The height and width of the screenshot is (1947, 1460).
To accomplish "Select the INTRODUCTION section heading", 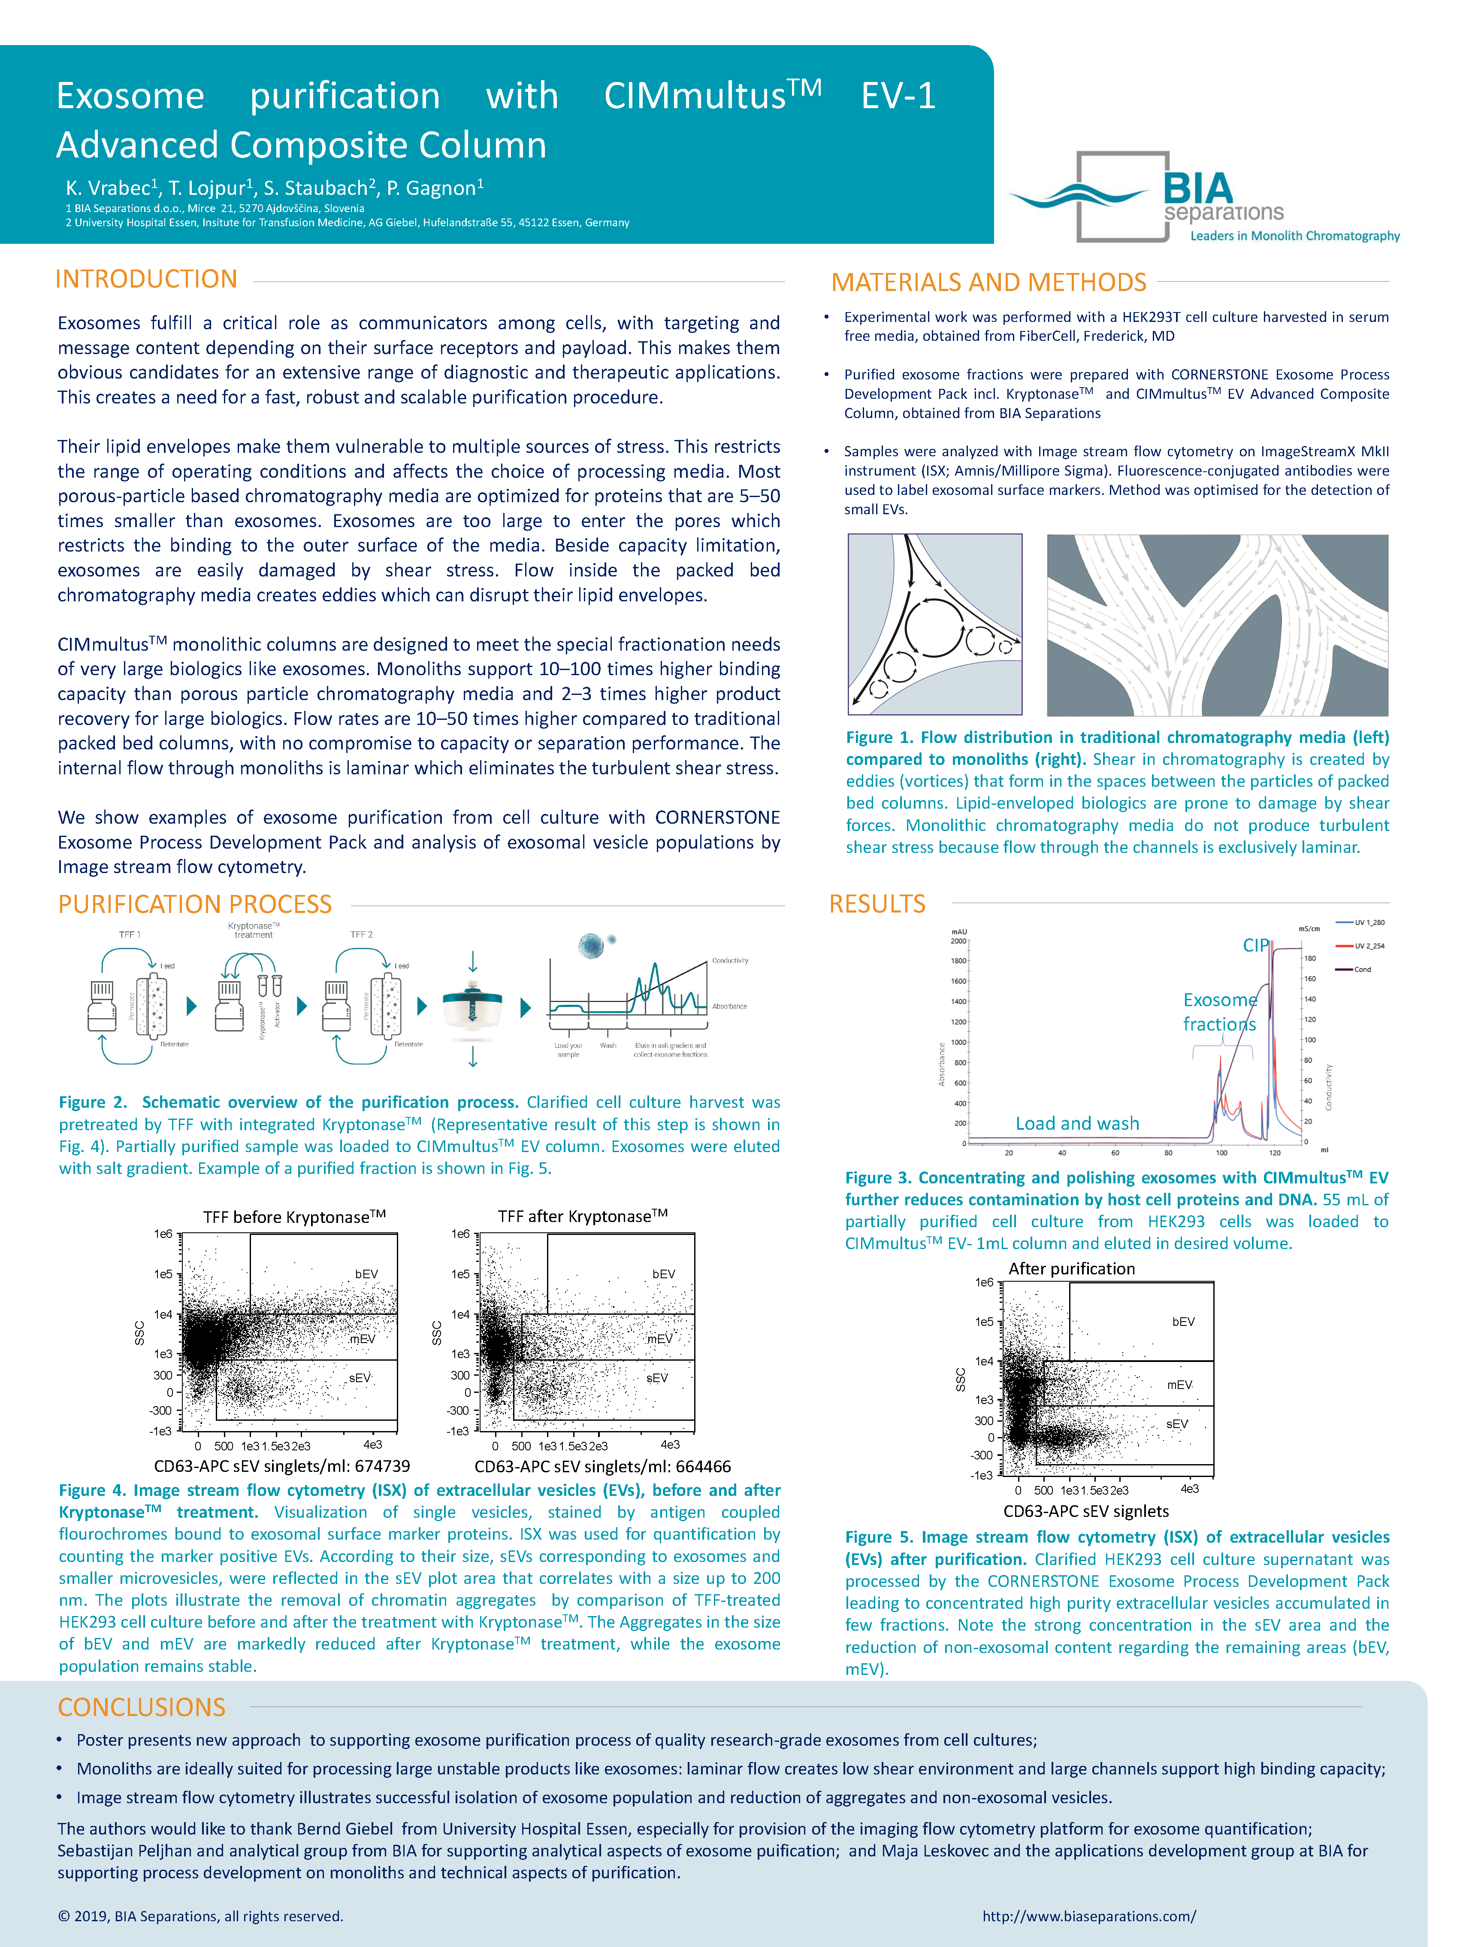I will coord(146,279).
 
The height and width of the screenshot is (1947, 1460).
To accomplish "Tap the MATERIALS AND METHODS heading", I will coord(988,282).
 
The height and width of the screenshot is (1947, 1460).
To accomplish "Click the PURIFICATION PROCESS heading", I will coord(194,904).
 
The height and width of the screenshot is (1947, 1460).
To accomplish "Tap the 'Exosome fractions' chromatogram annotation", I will coord(1220,1012).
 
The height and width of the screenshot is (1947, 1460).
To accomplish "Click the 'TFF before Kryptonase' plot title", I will coord(294,1216).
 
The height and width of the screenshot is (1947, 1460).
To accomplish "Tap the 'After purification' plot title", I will coord(1071,1268).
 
